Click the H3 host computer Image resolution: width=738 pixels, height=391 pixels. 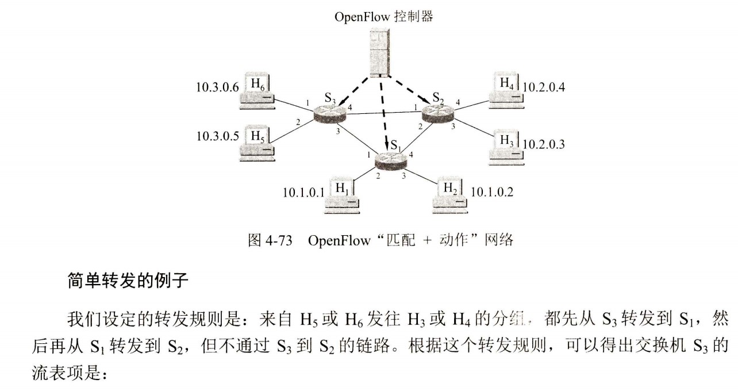[506, 146]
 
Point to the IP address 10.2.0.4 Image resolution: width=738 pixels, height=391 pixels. [545, 88]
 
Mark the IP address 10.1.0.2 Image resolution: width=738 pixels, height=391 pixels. [492, 192]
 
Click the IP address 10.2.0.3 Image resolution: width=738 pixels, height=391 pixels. [543, 144]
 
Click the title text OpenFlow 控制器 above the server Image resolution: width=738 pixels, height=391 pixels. [383, 17]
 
